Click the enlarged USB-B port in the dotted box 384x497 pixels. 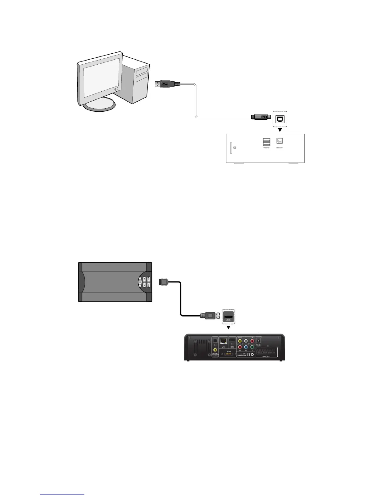(x=280, y=119)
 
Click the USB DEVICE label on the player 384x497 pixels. (x=280, y=147)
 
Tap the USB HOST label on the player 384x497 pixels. (x=266, y=147)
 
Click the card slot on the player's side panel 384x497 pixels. (x=232, y=147)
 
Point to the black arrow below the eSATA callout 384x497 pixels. (x=228, y=328)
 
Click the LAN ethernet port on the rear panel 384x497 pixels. (x=223, y=341)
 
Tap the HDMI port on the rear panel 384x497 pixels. (x=232, y=341)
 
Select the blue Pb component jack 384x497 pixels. (x=246, y=347)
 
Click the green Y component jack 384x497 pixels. (x=252, y=347)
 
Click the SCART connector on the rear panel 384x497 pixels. (x=267, y=352)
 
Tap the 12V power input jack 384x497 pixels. (x=259, y=340)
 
